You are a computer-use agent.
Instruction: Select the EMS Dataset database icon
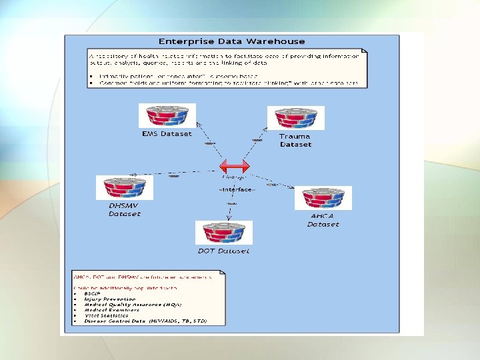pos(167,115)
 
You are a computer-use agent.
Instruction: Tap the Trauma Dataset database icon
pos(295,117)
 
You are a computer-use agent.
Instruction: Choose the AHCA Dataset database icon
pos(323,197)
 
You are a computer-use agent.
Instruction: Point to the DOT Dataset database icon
pos(223,233)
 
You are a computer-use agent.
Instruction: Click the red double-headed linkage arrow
pos(235,166)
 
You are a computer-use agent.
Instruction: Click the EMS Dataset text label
pos(167,133)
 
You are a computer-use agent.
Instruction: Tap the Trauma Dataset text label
pos(295,141)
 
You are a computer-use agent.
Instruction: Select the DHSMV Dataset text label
pos(125,210)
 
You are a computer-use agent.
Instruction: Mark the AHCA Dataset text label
pos(323,221)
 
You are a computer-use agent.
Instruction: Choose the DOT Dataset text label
pos(223,251)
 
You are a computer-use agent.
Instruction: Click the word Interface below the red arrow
pos(237,189)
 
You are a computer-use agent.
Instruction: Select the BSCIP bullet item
pos(93,294)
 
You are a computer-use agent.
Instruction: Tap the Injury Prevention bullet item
pos(109,299)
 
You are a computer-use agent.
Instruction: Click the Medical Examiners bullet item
pos(111,310)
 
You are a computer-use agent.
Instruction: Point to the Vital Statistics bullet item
pos(107,315)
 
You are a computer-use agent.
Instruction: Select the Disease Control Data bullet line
pos(145,321)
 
